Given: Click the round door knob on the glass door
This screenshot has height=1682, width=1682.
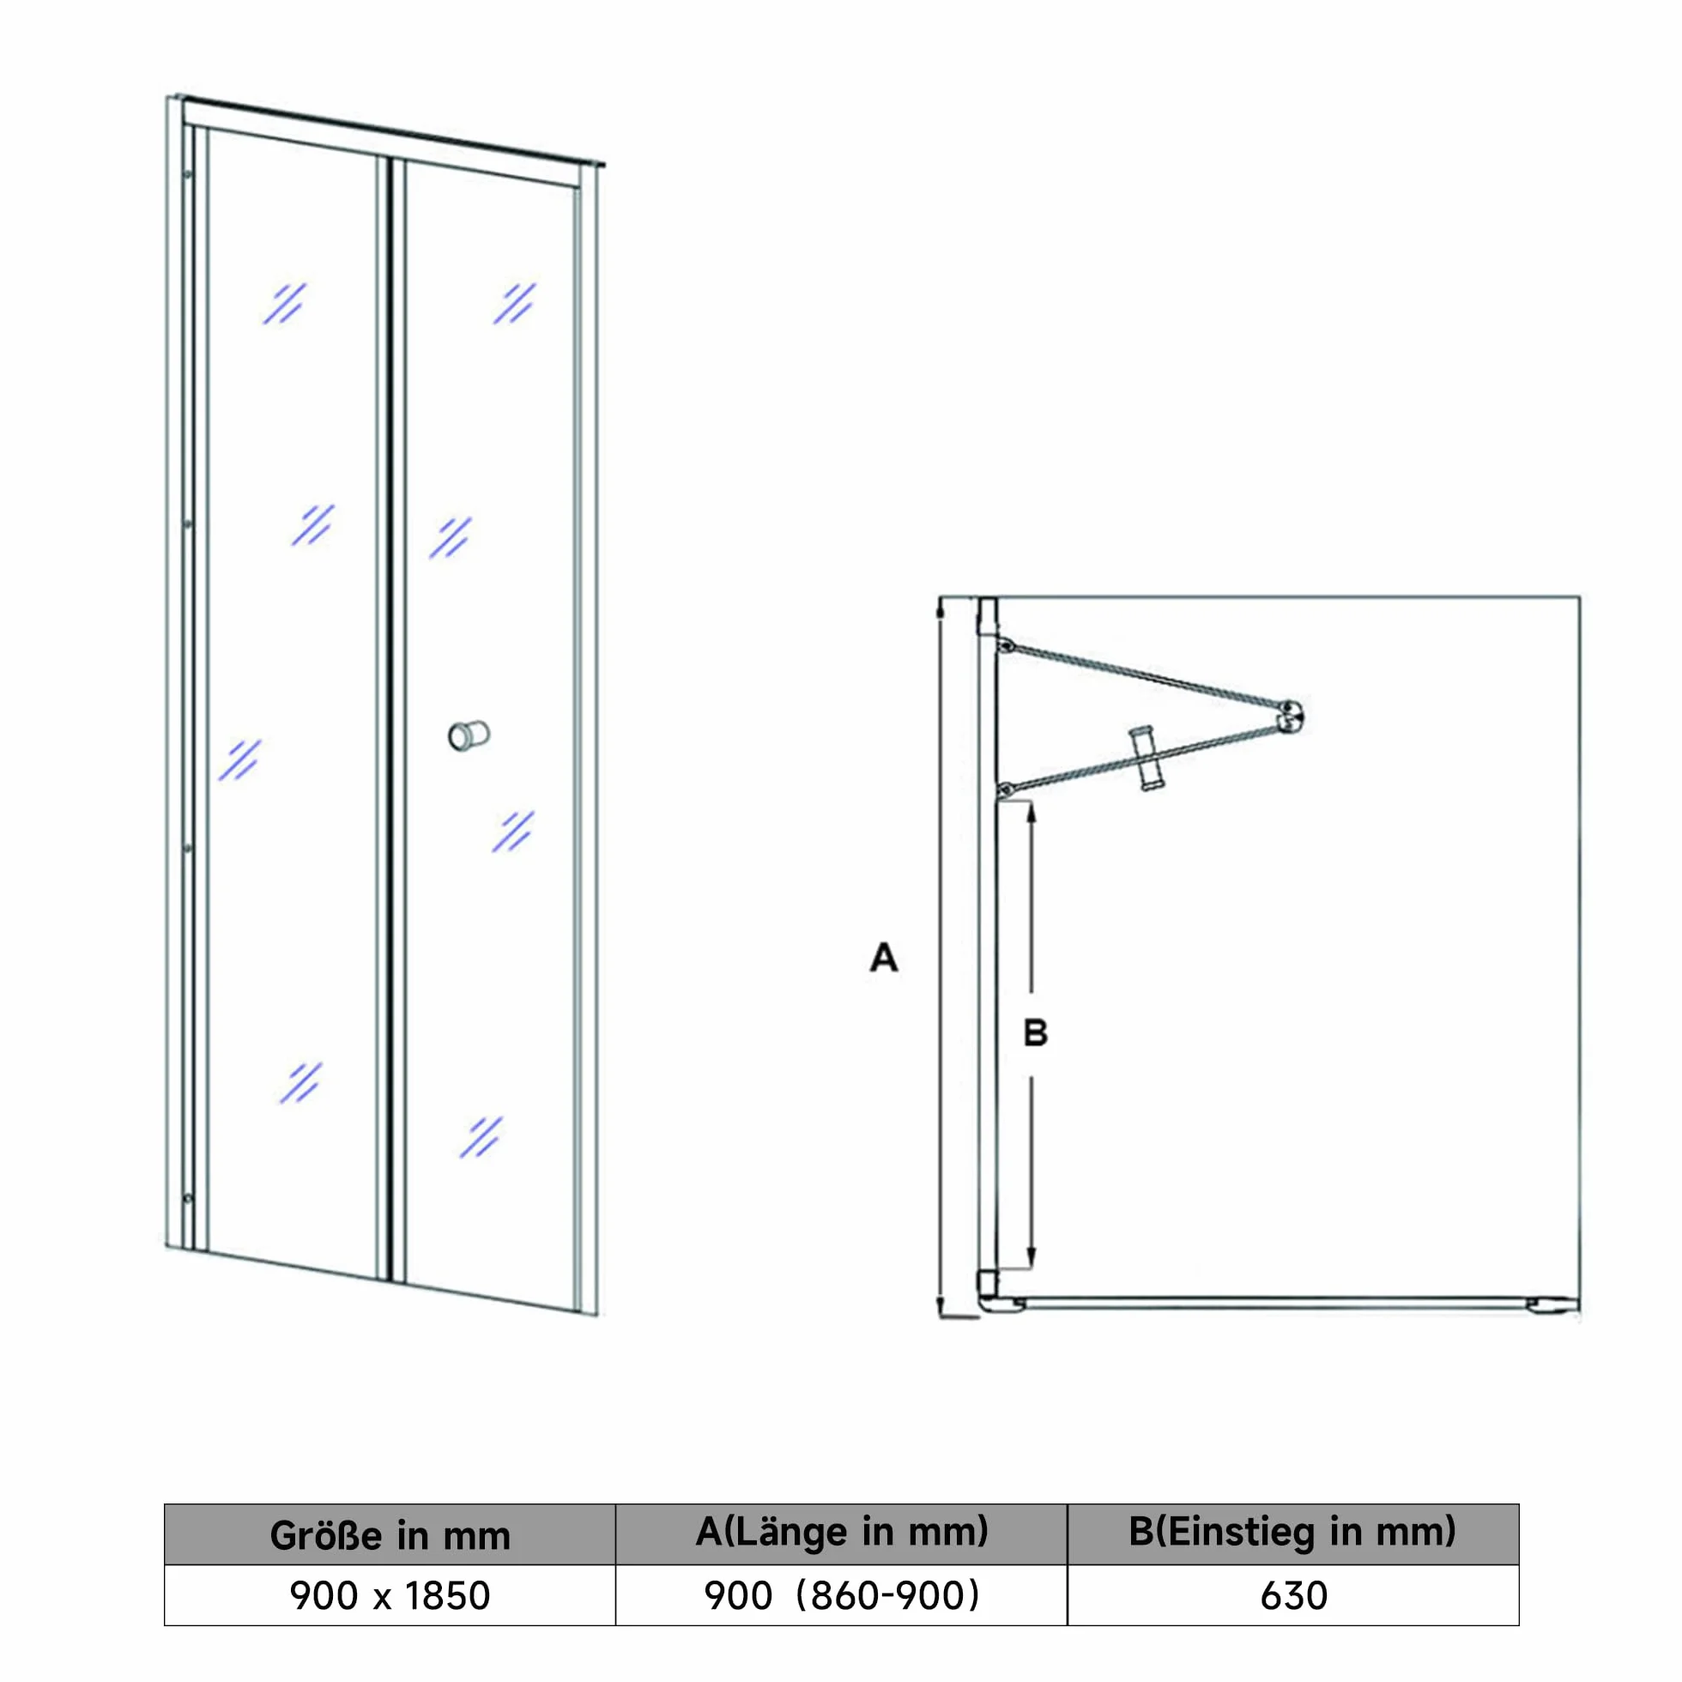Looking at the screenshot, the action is point(469,735).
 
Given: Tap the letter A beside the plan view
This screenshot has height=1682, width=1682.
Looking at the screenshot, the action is point(883,958).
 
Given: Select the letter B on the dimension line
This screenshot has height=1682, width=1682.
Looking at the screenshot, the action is point(1035,1033).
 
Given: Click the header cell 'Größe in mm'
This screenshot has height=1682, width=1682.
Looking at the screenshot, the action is point(390,1535).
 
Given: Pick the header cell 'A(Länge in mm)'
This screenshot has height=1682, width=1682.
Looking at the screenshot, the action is point(841,1535).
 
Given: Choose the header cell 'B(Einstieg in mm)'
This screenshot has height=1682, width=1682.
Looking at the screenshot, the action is point(1293,1535).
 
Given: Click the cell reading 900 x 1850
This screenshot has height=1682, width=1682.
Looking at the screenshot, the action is point(390,1596).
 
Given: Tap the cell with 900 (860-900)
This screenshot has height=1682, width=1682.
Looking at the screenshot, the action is point(841,1596).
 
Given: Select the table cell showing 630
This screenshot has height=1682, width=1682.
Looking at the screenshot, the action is point(1293,1596).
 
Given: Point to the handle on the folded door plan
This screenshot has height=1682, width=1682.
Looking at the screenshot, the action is point(1147,759).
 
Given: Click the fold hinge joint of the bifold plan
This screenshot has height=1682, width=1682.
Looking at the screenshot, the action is point(1290,715).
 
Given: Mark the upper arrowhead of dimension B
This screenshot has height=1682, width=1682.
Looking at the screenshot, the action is point(1032,813).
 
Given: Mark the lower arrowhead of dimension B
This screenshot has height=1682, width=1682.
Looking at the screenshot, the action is point(1032,1258).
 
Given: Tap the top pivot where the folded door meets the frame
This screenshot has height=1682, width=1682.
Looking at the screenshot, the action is point(1006,646).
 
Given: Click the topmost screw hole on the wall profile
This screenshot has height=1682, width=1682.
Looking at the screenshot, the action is point(188,175).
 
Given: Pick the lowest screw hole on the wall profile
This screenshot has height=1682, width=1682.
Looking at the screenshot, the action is point(188,1199).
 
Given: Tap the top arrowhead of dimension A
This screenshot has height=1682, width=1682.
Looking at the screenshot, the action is point(941,609).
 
